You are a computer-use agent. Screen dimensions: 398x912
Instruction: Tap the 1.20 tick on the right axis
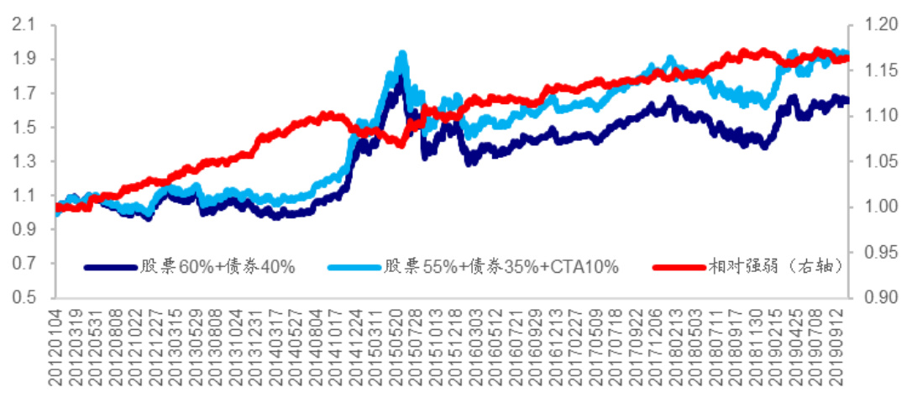(877, 25)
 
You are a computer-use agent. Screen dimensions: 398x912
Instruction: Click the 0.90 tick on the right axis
(877, 297)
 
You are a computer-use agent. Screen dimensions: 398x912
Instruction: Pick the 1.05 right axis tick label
(877, 161)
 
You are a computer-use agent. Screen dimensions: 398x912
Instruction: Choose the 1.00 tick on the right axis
(877, 207)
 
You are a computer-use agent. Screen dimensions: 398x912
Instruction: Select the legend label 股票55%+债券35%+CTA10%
(501, 267)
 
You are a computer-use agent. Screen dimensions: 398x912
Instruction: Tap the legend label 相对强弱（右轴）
(772, 267)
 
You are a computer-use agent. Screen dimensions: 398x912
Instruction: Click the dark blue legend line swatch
(109, 267)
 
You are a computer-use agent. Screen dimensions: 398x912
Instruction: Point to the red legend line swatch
(678, 267)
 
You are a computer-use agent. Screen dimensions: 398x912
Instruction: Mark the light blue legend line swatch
(352, 267)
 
